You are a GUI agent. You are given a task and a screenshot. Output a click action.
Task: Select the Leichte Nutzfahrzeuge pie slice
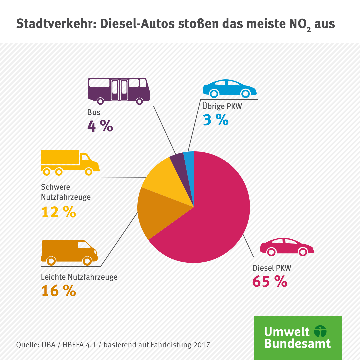tap(157, 213)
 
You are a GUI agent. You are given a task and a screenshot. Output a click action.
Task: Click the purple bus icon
tap(118, 90)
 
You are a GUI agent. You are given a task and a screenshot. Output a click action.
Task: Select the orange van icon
tap(69, 252)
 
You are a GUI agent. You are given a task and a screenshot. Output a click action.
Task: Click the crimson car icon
tap(287, 247)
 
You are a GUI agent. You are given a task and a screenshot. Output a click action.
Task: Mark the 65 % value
tap(270, 282)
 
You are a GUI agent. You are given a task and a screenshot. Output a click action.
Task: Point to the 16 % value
tap(59, 291)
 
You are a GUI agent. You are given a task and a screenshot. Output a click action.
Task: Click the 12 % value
tap(59, 212)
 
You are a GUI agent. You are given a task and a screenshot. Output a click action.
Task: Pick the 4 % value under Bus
tap(100, 126)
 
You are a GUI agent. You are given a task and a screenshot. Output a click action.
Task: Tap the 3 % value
tap(216, 120)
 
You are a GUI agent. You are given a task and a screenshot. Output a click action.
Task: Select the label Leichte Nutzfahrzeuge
tap(79, 277)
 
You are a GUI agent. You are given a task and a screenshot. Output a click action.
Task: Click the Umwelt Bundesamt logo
tap(297, 337)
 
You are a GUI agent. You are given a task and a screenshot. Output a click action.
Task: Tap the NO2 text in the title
tap(300, 24)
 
